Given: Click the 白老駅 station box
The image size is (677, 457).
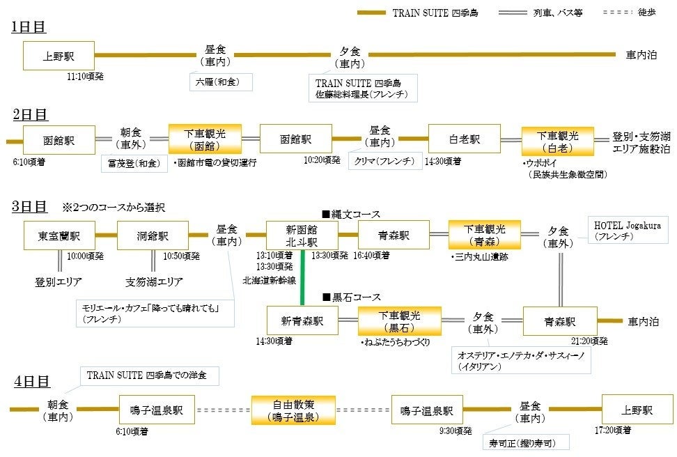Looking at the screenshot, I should tap(464, 139).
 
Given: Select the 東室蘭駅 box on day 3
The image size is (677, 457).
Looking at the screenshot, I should tap(59, 235).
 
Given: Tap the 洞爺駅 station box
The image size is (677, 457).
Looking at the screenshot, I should tap(153, 235).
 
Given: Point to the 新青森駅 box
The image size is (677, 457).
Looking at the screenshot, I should tap(302, 321).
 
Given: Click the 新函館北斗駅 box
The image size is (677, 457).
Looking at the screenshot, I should tap(302, 235).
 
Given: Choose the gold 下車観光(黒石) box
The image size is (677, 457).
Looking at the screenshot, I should tap(399, 321).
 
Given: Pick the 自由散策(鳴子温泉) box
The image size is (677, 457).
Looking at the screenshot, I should tap(293, 410).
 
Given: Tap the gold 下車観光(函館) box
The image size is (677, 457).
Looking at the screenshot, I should tap(205, 139).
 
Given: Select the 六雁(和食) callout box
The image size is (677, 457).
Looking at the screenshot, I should tap(219, 82).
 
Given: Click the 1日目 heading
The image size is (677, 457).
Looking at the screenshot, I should tap(29, 27).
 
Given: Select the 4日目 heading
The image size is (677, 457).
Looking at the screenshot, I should tap(32, 381).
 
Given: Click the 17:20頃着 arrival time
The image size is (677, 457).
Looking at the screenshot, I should tap(614, 431).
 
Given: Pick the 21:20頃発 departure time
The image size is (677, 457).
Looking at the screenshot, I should tap(589, 341).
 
